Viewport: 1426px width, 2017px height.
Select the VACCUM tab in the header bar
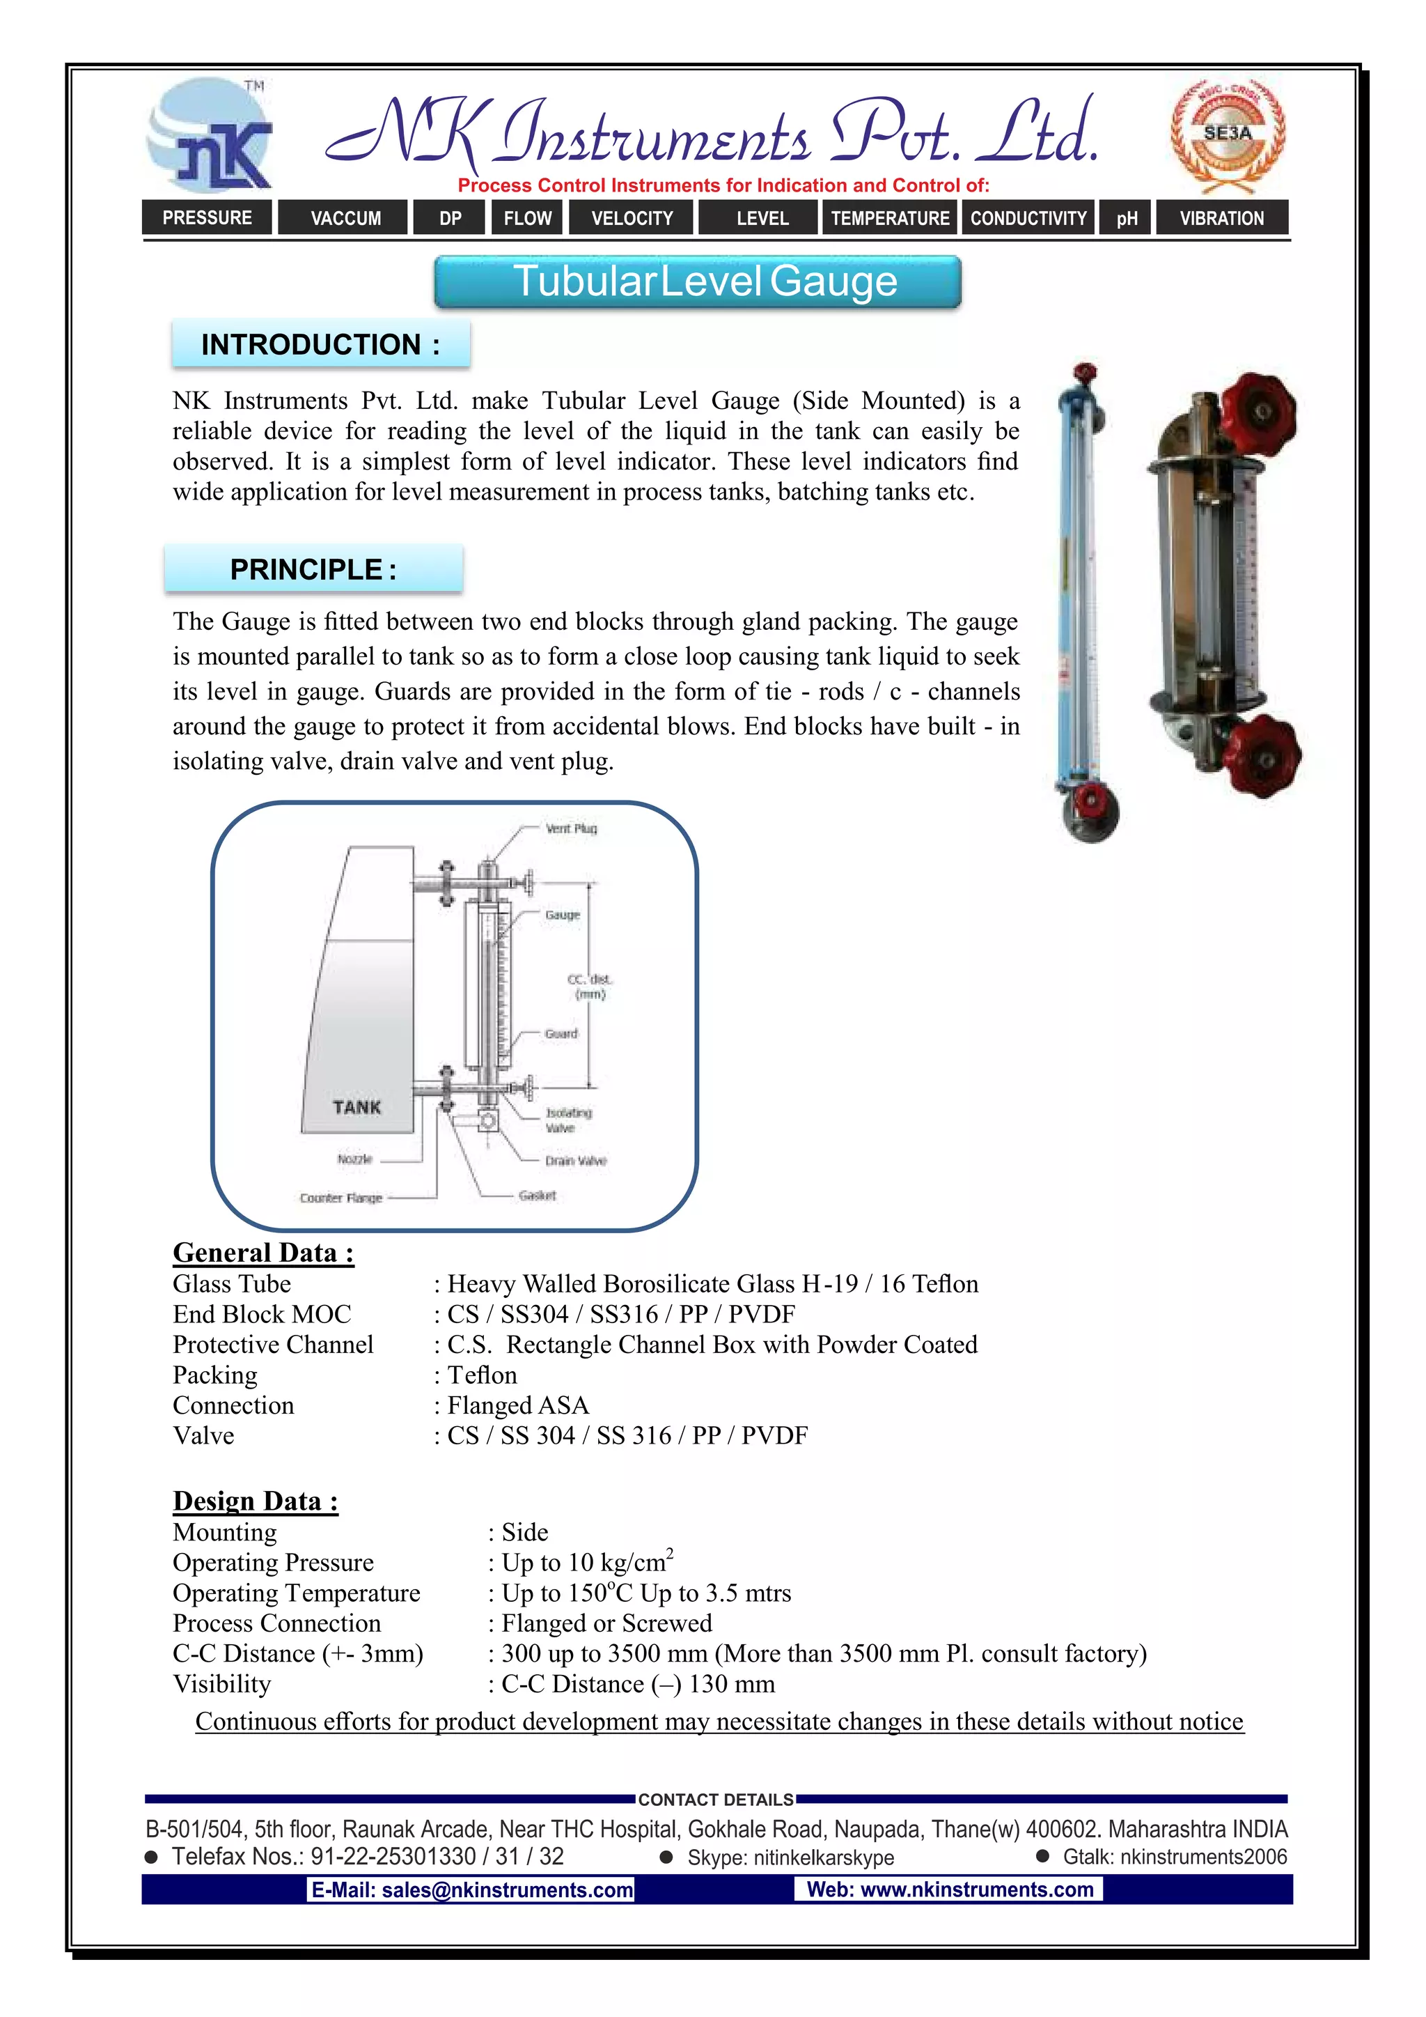[345, 218]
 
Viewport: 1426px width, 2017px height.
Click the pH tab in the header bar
[1127, 218]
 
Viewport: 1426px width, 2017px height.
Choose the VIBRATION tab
[1221, 218]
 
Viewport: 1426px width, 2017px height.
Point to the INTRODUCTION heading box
[320, 344]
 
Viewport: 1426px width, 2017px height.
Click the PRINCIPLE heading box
[313, 569]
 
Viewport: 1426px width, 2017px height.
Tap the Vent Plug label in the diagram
[571, 828]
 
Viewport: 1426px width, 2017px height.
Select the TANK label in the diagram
[356, 1107]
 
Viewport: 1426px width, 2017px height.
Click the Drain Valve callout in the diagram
[575, 1161]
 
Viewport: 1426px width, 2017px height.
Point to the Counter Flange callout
[340, 1198]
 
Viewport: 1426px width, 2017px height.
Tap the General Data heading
[263, 1253]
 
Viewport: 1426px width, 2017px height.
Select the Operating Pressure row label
[273, 1563]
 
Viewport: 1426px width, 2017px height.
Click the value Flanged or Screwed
[606, 1623]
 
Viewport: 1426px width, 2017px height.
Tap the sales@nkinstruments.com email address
[471, 1890]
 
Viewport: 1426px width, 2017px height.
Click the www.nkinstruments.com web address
[949, 1890]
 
